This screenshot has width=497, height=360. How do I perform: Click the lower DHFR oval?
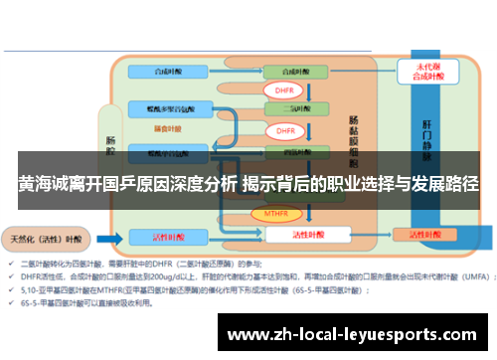[285, 130]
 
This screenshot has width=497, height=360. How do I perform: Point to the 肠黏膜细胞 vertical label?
[354, 139]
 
